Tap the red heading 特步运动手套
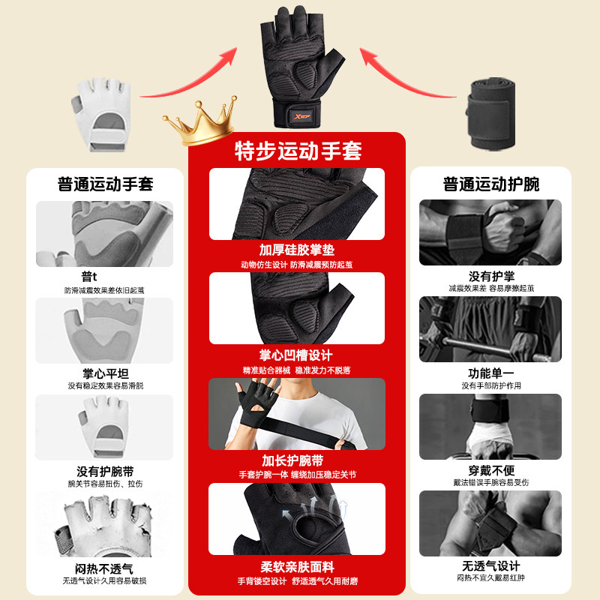tap(298, 151)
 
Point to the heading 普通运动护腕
tap(491, 184)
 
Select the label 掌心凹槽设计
tap(297, 355)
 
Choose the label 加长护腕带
tap(297, 460)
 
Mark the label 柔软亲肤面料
tap(297, 565)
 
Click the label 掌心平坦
tap(104, 373)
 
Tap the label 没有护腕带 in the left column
tap(104, 472)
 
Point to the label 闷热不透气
tap(104, 568)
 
